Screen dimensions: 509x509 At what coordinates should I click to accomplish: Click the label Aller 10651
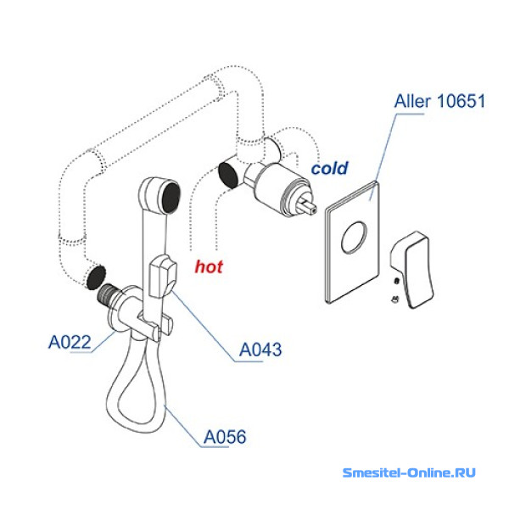click(439, 103)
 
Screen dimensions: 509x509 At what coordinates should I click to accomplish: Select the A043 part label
click(260, 349)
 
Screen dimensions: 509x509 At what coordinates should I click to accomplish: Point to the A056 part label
click(225, 438)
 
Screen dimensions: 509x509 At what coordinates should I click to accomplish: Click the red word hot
click(209, 267)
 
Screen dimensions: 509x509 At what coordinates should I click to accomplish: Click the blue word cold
click(329, 169)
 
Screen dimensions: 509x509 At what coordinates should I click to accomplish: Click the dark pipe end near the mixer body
click(228, 173)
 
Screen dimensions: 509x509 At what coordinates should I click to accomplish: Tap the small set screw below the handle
click(395, 298)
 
